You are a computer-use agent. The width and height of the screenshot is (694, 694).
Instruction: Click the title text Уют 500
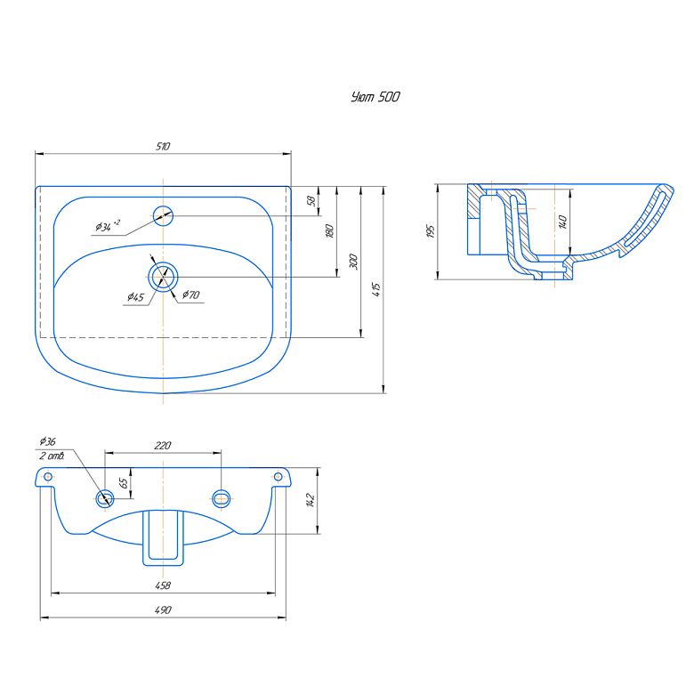coord(375,97)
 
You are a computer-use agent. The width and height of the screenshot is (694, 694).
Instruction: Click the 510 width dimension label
coord(163,146)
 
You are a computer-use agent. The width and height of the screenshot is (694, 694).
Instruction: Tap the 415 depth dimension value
coord(376,289)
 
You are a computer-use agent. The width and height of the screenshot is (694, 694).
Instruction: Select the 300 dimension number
coord(353,261)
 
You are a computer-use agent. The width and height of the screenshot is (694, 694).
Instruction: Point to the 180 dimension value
coord(329,231)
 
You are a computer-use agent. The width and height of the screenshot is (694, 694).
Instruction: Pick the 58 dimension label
coord(311,201)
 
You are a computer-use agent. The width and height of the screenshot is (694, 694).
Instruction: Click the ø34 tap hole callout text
coord(108,226)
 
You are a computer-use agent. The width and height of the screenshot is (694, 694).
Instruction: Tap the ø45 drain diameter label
coord(135,296)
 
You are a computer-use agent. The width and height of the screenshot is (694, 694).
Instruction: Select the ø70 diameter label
coord(191,295)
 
